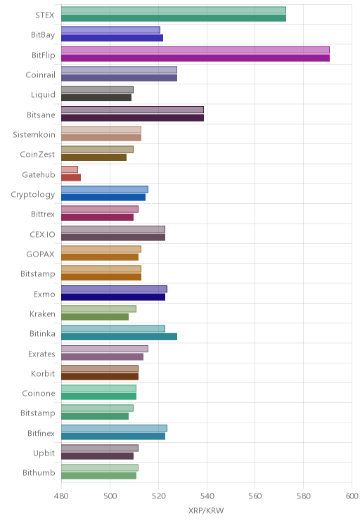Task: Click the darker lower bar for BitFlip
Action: (195, 58)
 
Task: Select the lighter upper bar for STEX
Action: (174, 10)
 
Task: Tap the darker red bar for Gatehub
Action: (71, 177)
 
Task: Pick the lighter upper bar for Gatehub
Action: (70, 169)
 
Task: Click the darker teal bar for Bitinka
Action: (119, 337)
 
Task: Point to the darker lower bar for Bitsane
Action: (132, 117)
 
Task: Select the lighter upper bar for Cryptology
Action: (105, 190)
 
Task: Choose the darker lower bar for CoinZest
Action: (94, 157)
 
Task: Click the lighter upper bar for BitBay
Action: (111, 30)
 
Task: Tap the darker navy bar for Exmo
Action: (113, 297)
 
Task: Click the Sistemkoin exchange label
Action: (34, 135)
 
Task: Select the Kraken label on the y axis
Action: (42, 314)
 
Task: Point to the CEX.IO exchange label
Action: (42, 235)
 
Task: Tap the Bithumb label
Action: (39, 472)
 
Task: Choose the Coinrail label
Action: (40, 75)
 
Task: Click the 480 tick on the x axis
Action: (61, 496)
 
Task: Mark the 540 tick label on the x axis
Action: (207, 496)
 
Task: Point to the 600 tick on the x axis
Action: (352, 496)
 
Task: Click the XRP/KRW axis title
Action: (206, 510)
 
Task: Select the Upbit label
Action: (44, 453)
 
